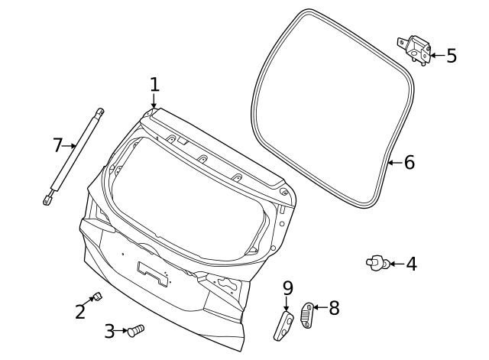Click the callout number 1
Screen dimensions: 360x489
tap(154, 83)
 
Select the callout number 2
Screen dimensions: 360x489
tap(80, 312)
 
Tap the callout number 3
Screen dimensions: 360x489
tap(109, 331)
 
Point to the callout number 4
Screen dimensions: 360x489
tap(411, 264)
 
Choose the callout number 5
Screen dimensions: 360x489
tap(451, 55)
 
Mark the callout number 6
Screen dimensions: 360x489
tap(409, 162)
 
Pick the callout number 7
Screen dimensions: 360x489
tap(57, 144)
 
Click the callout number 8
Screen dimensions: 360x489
tap(333, 308)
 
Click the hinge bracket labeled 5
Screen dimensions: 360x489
tap(414, 50)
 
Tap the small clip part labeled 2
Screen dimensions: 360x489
tap(97, 297)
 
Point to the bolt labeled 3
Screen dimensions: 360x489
tap(135, 331)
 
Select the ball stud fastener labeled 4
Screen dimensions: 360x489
tap(376, 264)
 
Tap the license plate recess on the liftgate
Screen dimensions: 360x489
tap(153, 271)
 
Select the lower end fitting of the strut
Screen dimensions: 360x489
tap(48, 199)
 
